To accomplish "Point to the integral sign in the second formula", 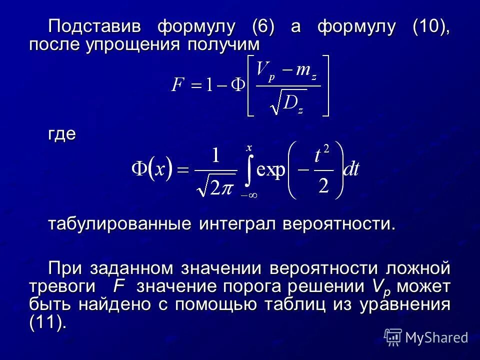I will [x=248, y=171].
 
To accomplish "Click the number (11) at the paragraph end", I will [x=47, y=323].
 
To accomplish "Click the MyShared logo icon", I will [x=393, y=337].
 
